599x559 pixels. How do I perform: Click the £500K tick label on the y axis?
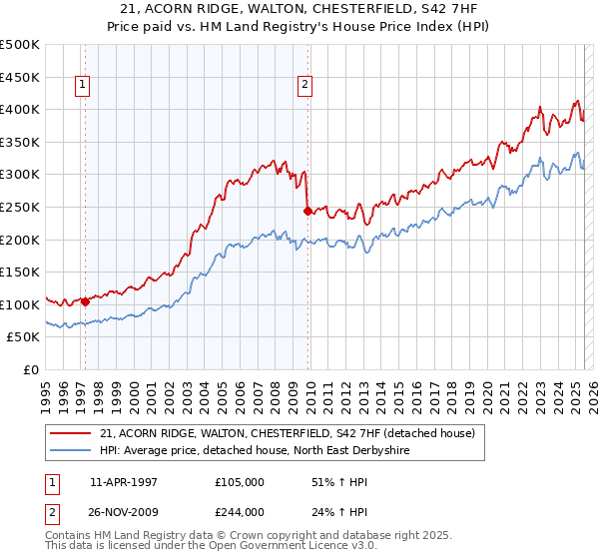(20, 45)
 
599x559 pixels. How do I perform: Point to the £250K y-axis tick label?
(20, 207)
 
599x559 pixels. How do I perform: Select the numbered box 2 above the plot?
(303, 85)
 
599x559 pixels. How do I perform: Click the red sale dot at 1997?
(85, 301)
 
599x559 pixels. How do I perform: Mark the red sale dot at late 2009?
(307, 211)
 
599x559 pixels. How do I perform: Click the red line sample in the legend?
(71, 433)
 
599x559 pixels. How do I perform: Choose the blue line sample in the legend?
(71, 451)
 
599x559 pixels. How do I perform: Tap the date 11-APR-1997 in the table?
(124, 482)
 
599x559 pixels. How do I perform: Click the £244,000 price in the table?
(240, 512)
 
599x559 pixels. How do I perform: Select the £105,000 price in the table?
(240, 482)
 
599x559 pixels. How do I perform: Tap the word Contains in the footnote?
(70, 537)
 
